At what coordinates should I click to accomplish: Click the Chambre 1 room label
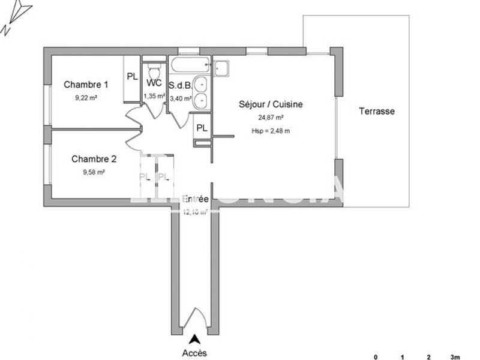86,85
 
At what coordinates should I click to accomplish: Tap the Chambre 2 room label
94,159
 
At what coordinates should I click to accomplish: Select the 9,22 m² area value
86,97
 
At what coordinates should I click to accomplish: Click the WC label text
154,83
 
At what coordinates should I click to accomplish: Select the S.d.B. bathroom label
180,85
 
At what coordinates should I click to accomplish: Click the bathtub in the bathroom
190,64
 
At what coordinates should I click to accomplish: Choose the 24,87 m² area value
271,118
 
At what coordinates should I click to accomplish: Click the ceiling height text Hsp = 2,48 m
271,130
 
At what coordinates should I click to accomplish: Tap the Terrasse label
377,111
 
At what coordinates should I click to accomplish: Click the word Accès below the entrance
194,353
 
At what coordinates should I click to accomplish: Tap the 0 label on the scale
376,357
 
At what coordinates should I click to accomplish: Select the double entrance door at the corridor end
194,322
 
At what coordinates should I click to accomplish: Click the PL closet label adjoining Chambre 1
132,77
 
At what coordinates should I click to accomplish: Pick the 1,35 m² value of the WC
154,95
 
